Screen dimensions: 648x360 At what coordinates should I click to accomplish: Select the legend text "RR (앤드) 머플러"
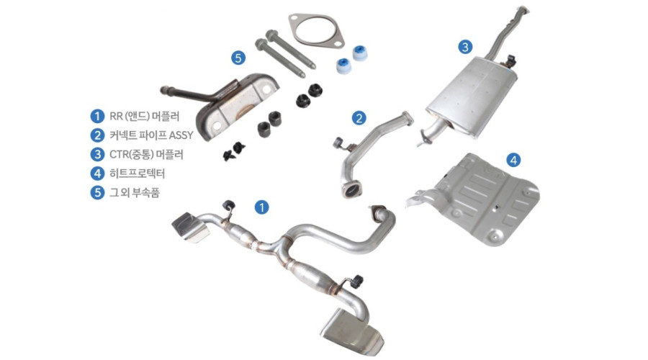144,116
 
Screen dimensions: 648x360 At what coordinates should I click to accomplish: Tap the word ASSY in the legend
181,135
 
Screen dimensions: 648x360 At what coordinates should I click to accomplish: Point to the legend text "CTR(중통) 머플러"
146,154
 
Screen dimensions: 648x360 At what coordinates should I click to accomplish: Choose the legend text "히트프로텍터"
138,174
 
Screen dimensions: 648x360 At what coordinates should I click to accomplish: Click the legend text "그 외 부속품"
135,192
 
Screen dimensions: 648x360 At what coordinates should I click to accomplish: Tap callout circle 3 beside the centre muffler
465,47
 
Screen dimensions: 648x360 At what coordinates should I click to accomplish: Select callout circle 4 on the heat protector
513,160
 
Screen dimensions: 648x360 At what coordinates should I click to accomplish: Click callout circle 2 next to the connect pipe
359,118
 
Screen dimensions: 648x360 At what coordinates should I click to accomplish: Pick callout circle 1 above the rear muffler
261,207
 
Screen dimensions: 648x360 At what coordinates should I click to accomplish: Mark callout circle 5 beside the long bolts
238,58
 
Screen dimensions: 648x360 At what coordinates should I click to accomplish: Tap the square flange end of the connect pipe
351,191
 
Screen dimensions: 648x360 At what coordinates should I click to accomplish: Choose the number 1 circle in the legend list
97,116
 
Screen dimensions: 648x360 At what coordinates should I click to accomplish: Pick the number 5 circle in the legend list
97,192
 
